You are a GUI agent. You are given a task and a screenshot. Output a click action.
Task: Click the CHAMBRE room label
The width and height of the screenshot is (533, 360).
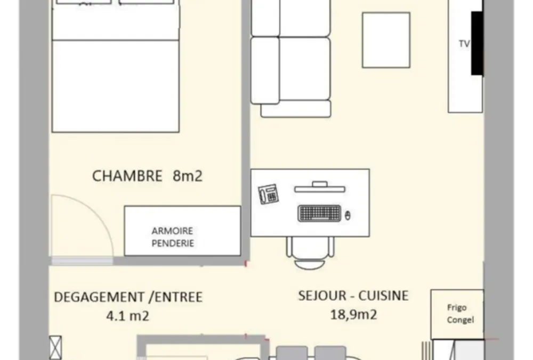pos(127,176)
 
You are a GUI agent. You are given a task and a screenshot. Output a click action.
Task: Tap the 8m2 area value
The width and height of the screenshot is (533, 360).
pos(188,176)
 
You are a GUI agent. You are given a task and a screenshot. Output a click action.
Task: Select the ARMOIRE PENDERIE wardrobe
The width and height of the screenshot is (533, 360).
pos(182,231)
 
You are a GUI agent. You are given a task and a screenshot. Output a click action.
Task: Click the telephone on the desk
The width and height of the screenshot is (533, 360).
pos(269,194)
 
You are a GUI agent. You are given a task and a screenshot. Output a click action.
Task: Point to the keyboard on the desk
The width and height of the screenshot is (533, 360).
pos(319,213)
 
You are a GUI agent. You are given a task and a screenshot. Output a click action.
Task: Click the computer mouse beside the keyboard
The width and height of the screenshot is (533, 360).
pos(348,215)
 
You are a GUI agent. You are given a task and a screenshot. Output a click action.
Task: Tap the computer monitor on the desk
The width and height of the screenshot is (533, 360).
pos(319,187)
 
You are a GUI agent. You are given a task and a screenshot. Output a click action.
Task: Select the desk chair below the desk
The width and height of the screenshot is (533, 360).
pos(310,252)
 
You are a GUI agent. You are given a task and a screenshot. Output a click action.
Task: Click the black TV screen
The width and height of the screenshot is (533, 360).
pos(477,43)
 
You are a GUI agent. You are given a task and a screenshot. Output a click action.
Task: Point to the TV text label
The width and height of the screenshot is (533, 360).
pos(464,44)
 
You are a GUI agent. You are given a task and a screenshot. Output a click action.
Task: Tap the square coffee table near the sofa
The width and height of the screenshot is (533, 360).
pos(386,40)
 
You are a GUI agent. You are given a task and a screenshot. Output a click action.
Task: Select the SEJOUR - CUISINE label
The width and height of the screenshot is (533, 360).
pos(353,295)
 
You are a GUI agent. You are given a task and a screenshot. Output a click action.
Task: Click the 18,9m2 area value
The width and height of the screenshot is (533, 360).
pos(353,315)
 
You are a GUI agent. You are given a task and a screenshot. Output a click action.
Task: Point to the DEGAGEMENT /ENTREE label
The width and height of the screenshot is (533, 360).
pos(128,297)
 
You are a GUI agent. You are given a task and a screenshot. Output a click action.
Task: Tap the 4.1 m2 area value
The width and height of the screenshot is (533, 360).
pos(128,316)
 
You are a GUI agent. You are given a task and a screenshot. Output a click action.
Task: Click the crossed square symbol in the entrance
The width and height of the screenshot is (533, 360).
pos(55,347)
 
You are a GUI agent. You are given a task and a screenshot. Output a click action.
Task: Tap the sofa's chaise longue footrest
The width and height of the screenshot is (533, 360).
pos(296,109)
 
